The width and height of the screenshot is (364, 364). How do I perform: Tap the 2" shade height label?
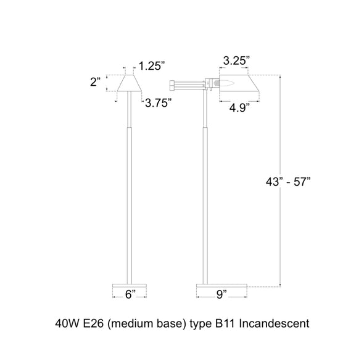[x=96, y=82]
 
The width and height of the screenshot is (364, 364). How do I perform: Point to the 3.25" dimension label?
[x=236, y=61]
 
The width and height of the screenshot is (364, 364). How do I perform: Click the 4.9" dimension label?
[x=239, y=108]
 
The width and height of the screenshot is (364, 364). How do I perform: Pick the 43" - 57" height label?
[x=288, y=181]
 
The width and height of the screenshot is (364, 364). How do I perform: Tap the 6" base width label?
[x=130, y=294]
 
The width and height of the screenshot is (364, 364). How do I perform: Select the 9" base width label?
[x=221, y=294]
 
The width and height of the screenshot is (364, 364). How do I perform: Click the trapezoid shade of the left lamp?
[x=130, y=83]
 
